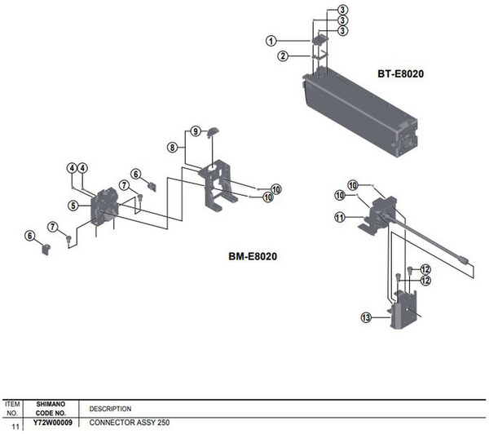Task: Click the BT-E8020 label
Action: pos(400,73)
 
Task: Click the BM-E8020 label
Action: pos(253,256)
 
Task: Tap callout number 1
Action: pos(271,41)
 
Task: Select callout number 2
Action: pos(283,56)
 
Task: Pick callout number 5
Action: pos(73,206)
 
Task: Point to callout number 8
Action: pos(173,147)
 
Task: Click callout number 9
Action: pos(196,131)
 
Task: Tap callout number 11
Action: pos(340,217)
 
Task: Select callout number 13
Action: pos(366,317)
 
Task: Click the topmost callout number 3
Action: pos(342,10)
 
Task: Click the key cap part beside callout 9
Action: pos(213,131)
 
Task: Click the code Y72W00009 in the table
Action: pos(53,423)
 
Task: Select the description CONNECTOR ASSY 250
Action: pos(130,423)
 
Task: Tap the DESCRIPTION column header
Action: pos(110,409)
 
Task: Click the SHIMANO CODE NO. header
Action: pos(51,409)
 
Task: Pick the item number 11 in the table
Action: pos(15,427)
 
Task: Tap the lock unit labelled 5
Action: pos(104,206)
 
